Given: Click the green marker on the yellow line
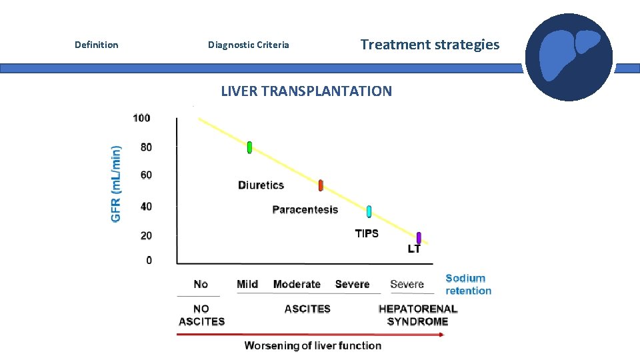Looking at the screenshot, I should [x=249, y=147].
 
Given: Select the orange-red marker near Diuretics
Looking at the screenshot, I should [x=321, y=185].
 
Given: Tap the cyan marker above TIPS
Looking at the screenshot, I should [x=369, y=211].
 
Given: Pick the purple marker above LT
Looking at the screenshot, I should [x=419, y=237].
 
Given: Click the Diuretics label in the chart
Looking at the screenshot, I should [x=261, y=185].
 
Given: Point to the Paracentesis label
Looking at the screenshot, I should [x=305, y=210].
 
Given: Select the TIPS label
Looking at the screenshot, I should [x=367, y=233].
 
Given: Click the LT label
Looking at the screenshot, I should [x=414, y=249].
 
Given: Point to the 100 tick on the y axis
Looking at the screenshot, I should [x=141, y=119].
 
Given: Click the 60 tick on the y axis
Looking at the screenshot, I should [x=145, y=175].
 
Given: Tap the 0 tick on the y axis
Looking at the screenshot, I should [x=149, y=260].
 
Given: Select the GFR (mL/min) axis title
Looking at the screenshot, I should [x=117, y=185].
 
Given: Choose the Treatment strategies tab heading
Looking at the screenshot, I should [x=429, y=45].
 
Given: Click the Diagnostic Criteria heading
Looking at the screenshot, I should [x=248, y=45].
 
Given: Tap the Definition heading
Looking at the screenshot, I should [x=96, y=45].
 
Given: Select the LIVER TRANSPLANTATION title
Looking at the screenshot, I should [x=306, y=91].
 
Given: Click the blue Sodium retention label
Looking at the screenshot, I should [x=468, y=285].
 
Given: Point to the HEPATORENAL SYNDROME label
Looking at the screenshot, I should [x=417, y=315].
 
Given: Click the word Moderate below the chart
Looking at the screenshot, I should [x=297, y=284].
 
